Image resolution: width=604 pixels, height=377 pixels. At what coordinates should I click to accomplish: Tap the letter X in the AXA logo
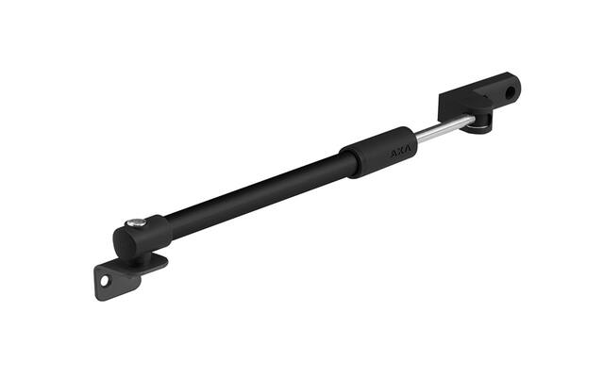tap(401, 152)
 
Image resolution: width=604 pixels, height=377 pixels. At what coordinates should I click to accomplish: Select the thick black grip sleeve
tap(377, 152)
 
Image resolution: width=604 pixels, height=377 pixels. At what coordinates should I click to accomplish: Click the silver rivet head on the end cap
tap(136, 222)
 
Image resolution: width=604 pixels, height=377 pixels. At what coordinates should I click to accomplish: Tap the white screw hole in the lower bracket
tap(105, 281)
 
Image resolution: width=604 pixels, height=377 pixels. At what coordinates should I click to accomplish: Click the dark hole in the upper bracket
tap(512, 91)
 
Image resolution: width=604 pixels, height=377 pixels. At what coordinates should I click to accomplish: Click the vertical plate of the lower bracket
tap(115, 282)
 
